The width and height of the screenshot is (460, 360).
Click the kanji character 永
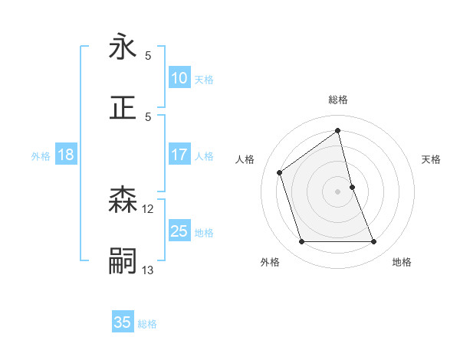coord(123,47)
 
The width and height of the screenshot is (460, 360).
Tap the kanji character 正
coord(123,107)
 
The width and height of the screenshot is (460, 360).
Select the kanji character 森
coord(123,200)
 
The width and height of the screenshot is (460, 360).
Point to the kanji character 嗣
coord(123,261)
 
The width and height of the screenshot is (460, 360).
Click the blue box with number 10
coord(179,78)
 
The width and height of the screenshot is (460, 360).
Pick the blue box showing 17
coord(179,155)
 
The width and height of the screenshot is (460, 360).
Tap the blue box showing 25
coord(179,231)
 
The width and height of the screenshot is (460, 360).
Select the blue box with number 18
coord(66,155)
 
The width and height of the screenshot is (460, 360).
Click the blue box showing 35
coord(123,322)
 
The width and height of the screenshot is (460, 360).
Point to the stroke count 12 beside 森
coord(148,208)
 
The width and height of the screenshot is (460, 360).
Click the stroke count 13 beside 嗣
coord(148,270)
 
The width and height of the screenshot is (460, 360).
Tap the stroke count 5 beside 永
coord(148,55)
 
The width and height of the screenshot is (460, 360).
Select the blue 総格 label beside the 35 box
coord(147,324)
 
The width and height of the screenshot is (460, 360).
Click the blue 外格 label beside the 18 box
coord(41,156)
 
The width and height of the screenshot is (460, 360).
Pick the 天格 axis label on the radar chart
coord(432,159)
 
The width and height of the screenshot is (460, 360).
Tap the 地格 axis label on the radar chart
coord(402,262)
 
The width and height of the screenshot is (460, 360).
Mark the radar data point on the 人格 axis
coord(280,172)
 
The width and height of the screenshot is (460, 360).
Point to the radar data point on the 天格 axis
coord(352,186)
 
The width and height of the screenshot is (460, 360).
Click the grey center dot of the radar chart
coord(338,191)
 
